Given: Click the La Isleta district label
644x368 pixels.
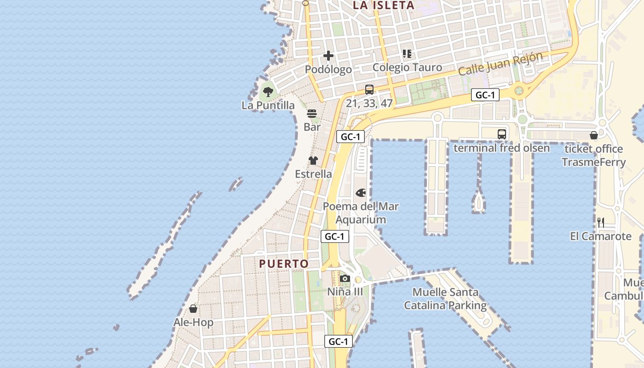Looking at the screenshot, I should tap(384, 6).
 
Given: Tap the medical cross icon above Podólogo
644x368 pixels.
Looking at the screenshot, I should tap(328, 56).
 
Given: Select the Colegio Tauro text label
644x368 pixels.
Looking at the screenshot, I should tap(407, 67).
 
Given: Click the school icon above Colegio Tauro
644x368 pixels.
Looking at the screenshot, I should tap(407, 54).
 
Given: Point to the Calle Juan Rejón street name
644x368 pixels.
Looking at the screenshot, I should tap(500, 64).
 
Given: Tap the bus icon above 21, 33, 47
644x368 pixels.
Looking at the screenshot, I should tap(369, 90).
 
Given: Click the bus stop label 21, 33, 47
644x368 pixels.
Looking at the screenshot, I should tap(369, 103).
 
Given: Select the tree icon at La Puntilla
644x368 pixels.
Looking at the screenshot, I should tap(268, 92).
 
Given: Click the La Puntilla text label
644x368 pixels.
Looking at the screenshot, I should tap(268, 105).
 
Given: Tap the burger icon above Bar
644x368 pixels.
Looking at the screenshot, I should tap(312, 114).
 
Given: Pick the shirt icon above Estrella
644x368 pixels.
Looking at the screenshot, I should tap(313, 161).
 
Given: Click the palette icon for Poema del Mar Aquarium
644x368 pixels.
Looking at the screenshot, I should tap(361, 193).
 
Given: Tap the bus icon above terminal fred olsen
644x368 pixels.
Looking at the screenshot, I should tap(501, 134).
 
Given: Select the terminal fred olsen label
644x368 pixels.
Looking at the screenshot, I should tap(501, 148).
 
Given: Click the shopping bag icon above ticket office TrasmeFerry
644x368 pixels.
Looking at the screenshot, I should tap(594, 135).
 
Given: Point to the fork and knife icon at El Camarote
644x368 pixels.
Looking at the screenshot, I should tap(601, 223).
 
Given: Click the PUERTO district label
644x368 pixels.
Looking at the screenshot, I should tap(284, 264).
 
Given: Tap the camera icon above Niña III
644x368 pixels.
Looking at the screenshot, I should tap(345, 278).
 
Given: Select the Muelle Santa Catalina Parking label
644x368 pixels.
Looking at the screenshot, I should tap(445, 299).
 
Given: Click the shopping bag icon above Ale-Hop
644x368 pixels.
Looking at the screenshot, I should tap(193, 309).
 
